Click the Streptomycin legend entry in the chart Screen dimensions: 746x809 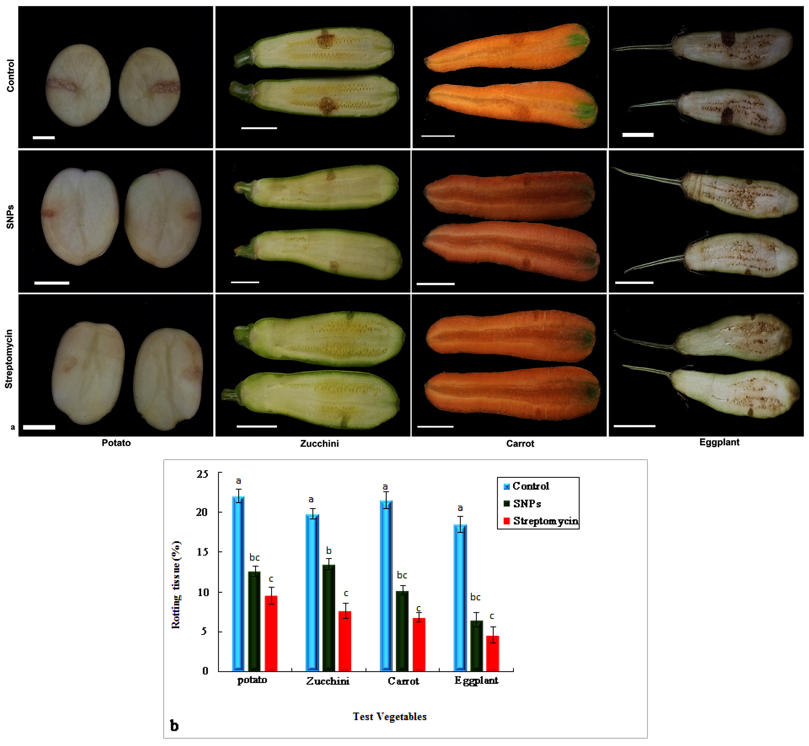541,521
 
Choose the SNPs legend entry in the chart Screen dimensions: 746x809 523,504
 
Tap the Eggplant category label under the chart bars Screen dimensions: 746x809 476,681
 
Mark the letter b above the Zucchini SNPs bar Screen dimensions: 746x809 329,551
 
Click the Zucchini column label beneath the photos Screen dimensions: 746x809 319,444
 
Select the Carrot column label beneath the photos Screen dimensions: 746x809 520,444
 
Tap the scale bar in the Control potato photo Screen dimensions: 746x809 44,138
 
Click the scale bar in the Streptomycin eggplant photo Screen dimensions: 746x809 634,426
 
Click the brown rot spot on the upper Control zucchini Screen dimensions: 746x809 324,39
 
